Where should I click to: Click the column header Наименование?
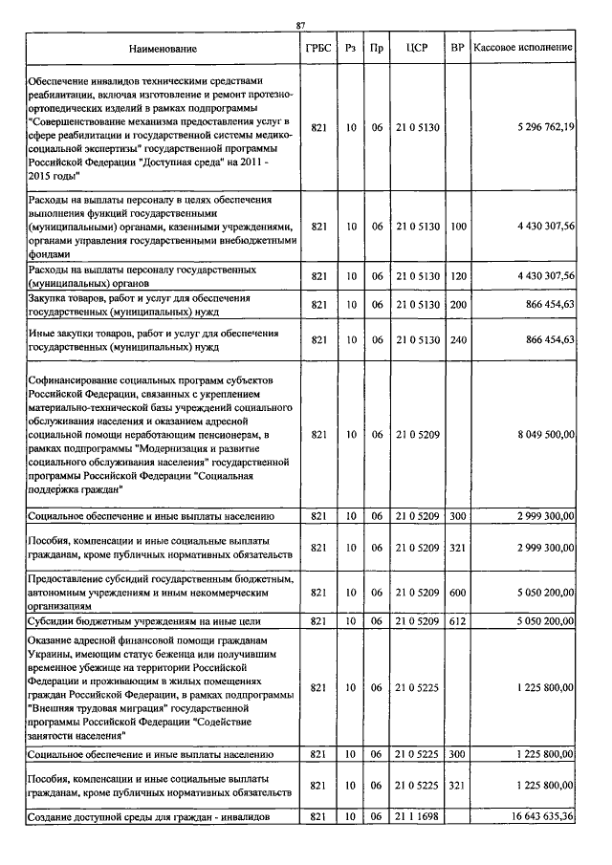point(160,48)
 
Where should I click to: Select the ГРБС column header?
point(319,48)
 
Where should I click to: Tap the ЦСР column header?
point(416,48)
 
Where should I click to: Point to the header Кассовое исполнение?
point(524,48)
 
